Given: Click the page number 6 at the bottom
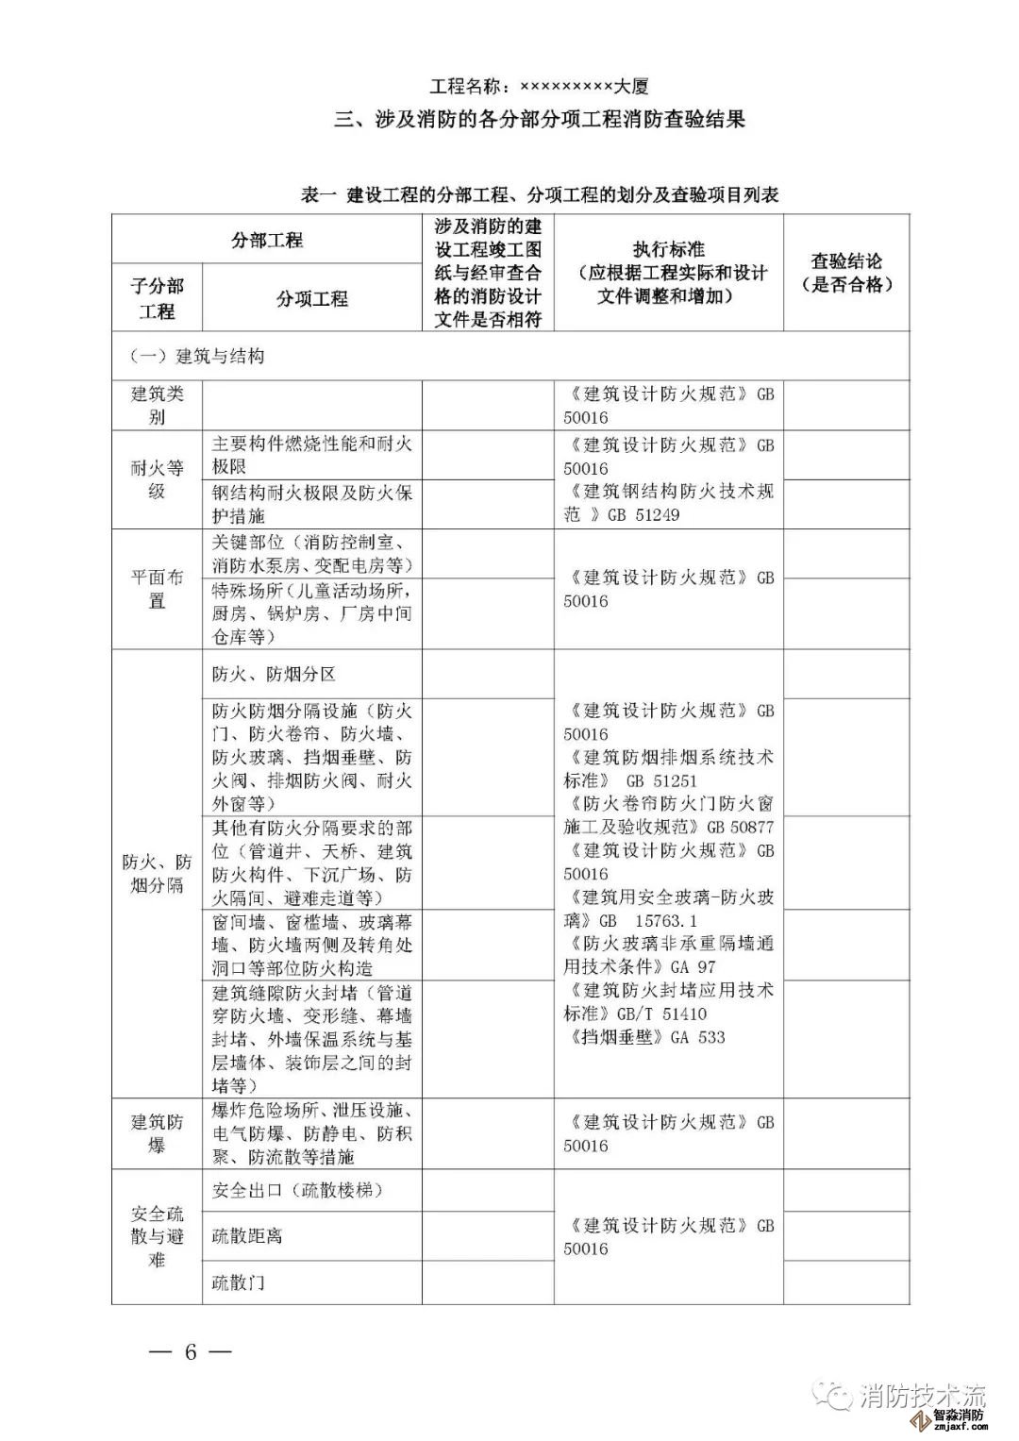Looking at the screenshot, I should pyautogui.click(x=190, y=1351).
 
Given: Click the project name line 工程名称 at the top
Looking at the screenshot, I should pyautogui.click(x=539, y=87).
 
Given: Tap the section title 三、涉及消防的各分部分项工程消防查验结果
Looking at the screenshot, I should pyautogui.click(x=541, y=120).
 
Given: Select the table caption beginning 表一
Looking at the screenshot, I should pyautogui.click(x=539, y=195).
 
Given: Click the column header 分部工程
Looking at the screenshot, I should pyautogui.click(x=267, y=240).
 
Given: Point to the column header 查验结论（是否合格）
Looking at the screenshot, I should pyautogui.click(x=846, y=273).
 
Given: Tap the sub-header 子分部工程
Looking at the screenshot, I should pyautogui.click(x=158, y=298).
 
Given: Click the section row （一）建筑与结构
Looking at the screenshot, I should pyautogui.click(x=197, y=357).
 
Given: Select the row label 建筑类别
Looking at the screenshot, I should pyautogui.click(x=158, y=405).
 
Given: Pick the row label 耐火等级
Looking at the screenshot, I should pyautogui.click(x=158, y=479).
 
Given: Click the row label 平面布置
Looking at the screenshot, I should pyautogui.click(x=158, y=589).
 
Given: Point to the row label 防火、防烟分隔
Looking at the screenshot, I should pyautogui.click(x=158, y=873).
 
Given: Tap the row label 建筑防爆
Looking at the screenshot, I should pyautogui.click(x=158, y=1133).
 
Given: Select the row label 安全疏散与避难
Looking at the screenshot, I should pyautogui.click(x=158, y=1236).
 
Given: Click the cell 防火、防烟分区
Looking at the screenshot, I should pyautogui.click(x=274, y=674).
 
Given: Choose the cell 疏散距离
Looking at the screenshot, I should pyautogui.click(x=247, y=1235).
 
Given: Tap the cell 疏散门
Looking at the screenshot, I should pyautogui.click(x=238, y=1282).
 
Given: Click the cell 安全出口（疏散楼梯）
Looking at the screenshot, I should pyautogui.click(x=297, y=1190).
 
